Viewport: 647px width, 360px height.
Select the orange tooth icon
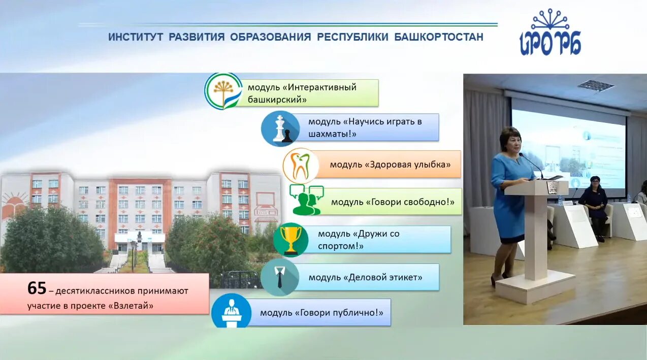coord(301,166)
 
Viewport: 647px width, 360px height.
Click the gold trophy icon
coord(291,240)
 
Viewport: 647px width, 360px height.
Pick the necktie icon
coord(279,277)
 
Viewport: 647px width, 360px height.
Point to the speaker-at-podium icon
coord(231,311)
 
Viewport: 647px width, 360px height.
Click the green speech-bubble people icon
coord(306,201)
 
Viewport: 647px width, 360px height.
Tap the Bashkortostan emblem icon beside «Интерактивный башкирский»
coord(223,91)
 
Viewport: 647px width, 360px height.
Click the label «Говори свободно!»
coord(392,202)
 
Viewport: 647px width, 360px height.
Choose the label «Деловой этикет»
coord(365,278)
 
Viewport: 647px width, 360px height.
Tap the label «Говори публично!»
coord(321,313)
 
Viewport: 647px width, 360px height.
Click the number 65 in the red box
coord(37,288)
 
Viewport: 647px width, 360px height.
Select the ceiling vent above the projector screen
coord(595,85)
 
